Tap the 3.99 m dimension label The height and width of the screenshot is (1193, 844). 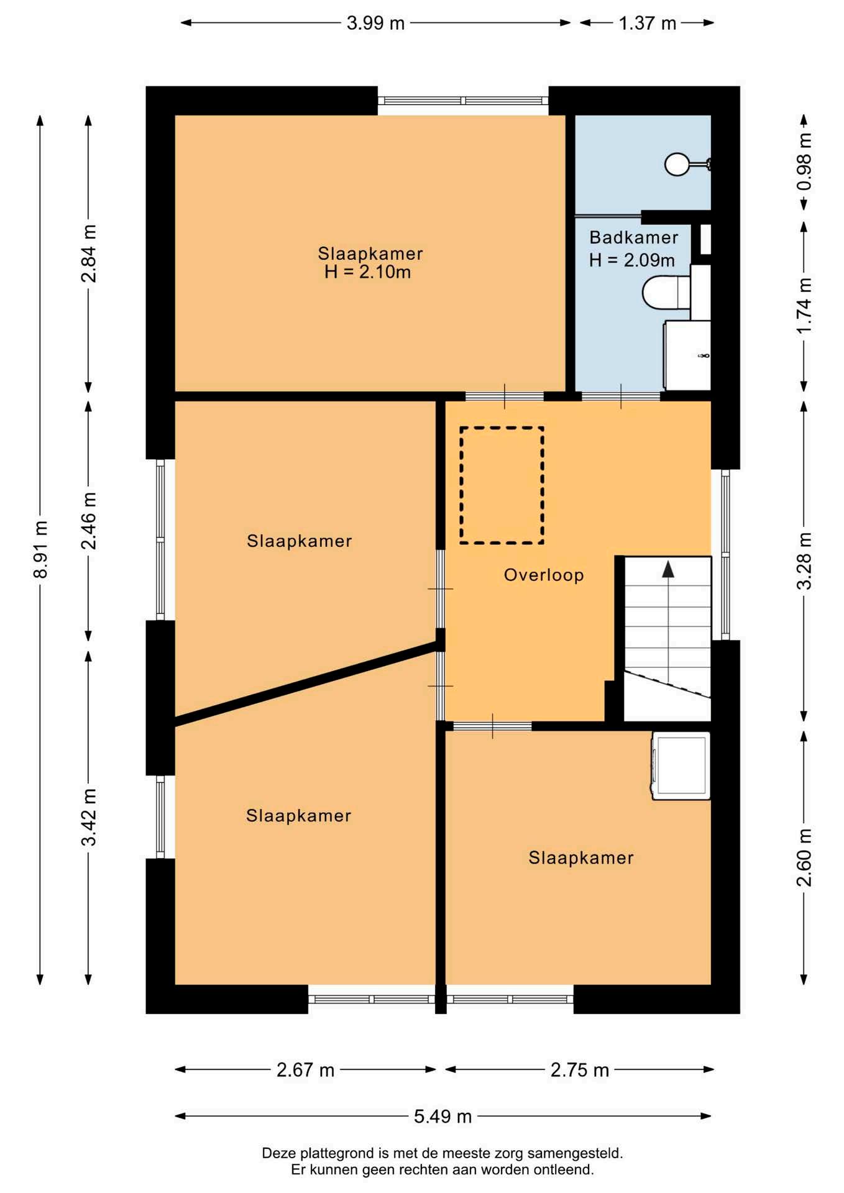click(x=375, y=23)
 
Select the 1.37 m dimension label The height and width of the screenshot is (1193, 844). click(x=647, y=23)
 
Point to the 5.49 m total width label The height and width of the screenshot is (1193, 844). click(x=443, y=1117)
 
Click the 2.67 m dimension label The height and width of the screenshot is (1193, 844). click(x=305, y=1070)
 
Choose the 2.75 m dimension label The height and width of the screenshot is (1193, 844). click(x=579, y=1070)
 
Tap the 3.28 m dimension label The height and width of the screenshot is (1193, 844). click(x=804, y=560)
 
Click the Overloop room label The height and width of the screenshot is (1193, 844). click(x=544, y=575)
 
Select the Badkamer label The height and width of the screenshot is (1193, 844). click(x=633, y=237)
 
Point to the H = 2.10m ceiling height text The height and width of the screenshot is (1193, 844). click(x=367, y=272)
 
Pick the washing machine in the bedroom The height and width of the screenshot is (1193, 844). click(x=681, y=766)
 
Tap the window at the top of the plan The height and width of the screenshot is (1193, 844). click(x=463, y=101)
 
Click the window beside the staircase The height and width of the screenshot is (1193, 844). click(x=725, y=554)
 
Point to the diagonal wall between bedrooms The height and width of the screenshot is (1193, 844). click(x=306, y=684)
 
